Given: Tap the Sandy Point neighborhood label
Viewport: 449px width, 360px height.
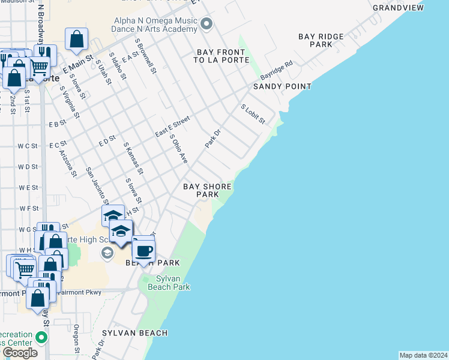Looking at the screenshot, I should pos(282,86).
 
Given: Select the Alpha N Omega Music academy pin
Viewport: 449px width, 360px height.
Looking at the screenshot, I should pos(207,24).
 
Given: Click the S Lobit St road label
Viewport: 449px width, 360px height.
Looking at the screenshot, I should pos(253,114).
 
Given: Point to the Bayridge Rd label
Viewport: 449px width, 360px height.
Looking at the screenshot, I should pos(276,71).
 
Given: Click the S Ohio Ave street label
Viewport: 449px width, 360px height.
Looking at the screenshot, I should pos(179,149).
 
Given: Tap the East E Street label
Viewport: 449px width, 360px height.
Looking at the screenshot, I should pos(172,126).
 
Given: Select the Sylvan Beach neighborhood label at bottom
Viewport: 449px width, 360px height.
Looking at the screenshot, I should pos(134,333).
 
